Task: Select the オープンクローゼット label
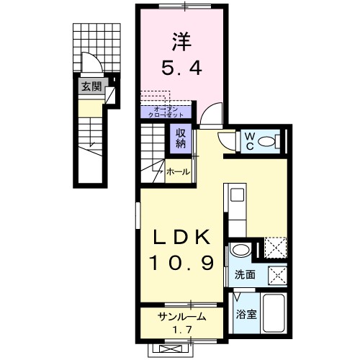coord(161,112)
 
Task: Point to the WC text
coord(248,140)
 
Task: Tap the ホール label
coord(178,172)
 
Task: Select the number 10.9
coord(181,264)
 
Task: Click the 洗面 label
coord(244,274)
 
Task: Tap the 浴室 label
coord(246,313)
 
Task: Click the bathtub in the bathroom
coord(274,314)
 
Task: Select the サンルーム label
coord(182,317)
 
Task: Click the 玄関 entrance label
coord(90,87)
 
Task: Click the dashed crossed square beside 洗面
coord(277,275)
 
